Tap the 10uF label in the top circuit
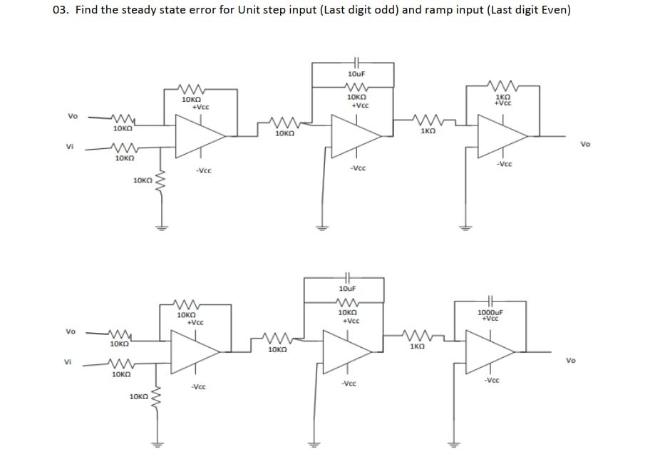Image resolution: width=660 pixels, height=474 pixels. (x=356, y=74)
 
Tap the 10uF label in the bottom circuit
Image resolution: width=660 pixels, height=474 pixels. (x=347, y=289)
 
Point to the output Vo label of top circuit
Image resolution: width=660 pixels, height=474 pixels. (x=585, y=144)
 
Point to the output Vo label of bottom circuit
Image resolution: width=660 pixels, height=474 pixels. (x=571, y=360)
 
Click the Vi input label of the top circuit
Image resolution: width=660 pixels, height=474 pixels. (x=70, y=148)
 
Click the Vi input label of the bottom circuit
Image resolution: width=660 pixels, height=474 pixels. (x=70, y=362)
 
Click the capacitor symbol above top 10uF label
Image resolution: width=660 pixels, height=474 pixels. (x=357, y=62)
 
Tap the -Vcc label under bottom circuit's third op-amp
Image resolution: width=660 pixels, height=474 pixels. (x=490, y=380)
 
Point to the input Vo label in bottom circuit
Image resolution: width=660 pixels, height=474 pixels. (x=70, y=331)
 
